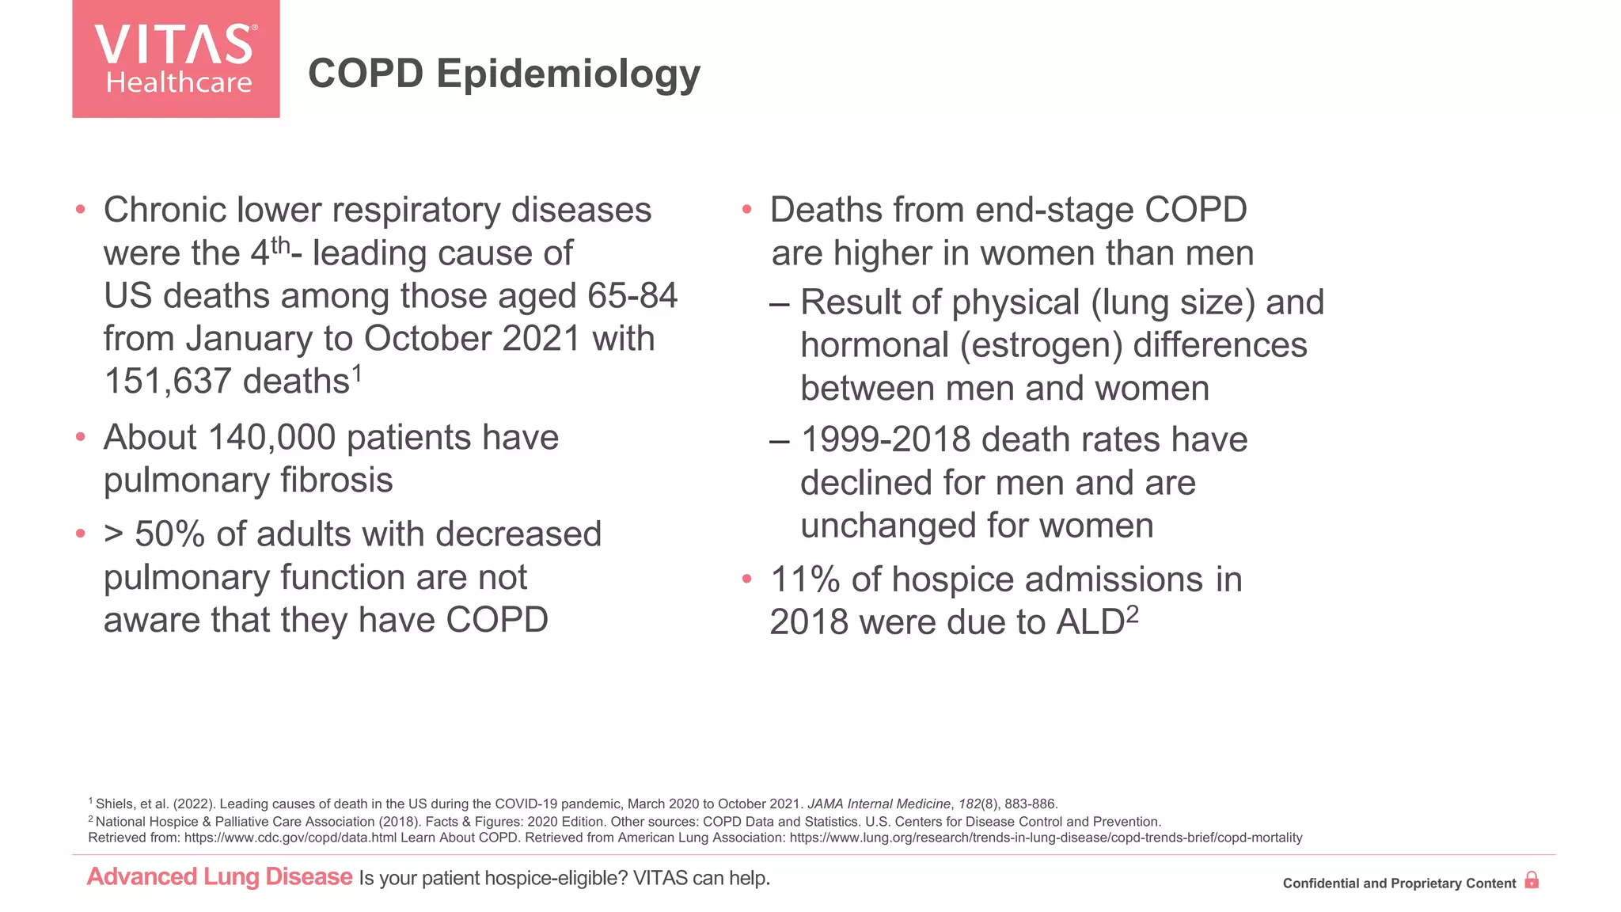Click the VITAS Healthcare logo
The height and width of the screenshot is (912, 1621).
click(x=176, y=59)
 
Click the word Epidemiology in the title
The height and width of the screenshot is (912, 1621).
click(x=568, y=74)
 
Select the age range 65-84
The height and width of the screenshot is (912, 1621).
click(x=632, y=296)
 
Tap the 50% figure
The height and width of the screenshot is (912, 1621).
click(x=169, y=534)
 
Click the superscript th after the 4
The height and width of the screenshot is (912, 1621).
click(x=280, y=246)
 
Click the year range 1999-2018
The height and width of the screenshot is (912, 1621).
click(x=885, y=440)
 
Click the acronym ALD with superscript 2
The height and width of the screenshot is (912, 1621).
click(x=1096, y=621)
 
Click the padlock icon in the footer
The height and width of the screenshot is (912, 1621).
click(x=1532, y=880)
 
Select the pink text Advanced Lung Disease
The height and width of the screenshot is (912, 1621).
click(x=219, y=877)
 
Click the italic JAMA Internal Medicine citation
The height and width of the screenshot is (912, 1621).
click(x=879, y=804)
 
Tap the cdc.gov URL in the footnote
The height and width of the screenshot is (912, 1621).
click(x=290, y=838)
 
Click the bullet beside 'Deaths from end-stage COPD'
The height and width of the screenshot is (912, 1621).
click(x=746, y=210)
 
